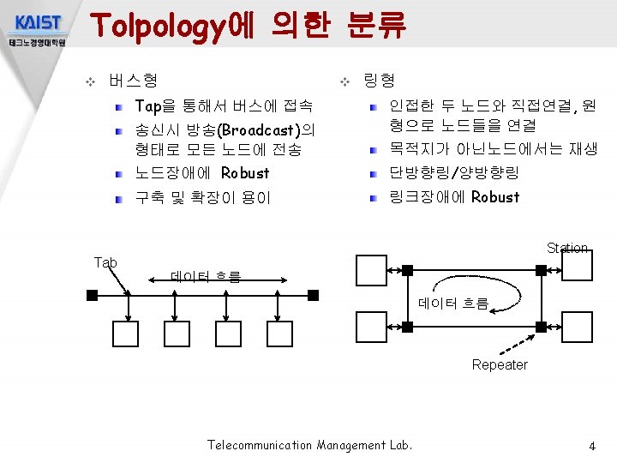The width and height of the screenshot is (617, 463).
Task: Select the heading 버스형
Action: (x=133, y=81)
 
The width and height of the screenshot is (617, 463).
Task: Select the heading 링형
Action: (x=379, y=81)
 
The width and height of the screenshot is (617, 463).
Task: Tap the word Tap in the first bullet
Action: (x=148, y=107)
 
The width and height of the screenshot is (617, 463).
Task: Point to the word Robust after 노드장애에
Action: (x=245, y=173)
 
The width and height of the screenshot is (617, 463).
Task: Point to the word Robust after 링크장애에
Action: (x=495, y=197)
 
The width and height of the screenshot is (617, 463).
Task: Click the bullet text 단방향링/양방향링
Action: (x=454, y=173)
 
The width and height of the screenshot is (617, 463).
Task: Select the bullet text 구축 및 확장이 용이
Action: (x=202, y=198)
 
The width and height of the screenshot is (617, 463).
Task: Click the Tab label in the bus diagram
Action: (x=105, y=262)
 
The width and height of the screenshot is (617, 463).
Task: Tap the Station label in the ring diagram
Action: (x=567, y=249)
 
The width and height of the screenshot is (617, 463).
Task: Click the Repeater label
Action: (x=500, y=365)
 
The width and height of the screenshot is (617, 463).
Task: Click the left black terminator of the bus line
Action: (x=92, y=295)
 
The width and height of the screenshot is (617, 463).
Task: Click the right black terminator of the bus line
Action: (x=313, y=295)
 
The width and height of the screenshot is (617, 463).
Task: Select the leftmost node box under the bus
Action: (x=125, y=334)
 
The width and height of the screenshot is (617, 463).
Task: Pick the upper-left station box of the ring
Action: (x=372, y=269)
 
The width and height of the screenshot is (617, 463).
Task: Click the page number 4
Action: (x=591, y=447)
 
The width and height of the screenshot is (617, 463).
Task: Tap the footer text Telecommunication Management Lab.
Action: (x=309, y=445)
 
